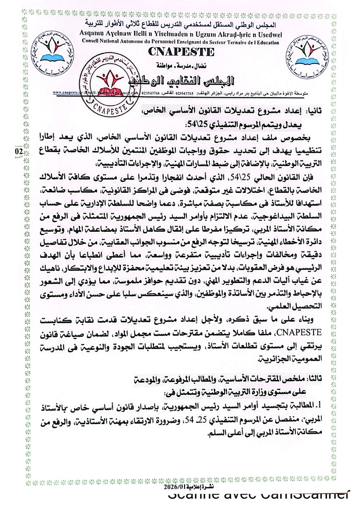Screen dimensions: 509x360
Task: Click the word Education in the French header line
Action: tap(268, 41)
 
